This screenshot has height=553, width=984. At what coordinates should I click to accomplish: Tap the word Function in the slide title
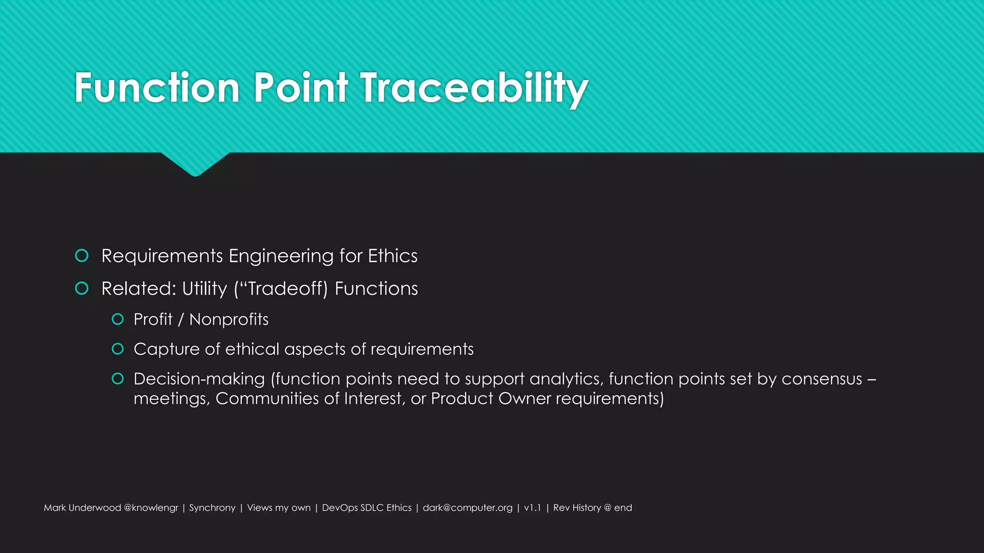point(157,88)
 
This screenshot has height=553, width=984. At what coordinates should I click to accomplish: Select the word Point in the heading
point(300,88)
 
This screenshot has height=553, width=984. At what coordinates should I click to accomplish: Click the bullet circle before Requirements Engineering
point(82,256)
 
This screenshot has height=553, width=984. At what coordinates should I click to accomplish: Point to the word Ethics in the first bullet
point(393,256)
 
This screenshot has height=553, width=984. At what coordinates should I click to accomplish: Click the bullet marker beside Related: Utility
point(82,289)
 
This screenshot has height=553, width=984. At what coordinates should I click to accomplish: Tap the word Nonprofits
point(229,319)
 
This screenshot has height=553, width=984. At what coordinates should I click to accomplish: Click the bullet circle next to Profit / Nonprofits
point(118,319)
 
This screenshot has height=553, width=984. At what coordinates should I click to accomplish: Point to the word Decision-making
point(199,379)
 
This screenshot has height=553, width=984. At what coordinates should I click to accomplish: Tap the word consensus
point(822,379)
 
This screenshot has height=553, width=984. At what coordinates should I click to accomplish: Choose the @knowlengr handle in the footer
point(151,508)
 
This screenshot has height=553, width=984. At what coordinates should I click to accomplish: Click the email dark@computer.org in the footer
point(467,508)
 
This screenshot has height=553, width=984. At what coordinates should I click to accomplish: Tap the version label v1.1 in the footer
point(532,508)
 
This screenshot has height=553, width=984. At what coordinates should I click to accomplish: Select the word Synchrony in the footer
point(212,508)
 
